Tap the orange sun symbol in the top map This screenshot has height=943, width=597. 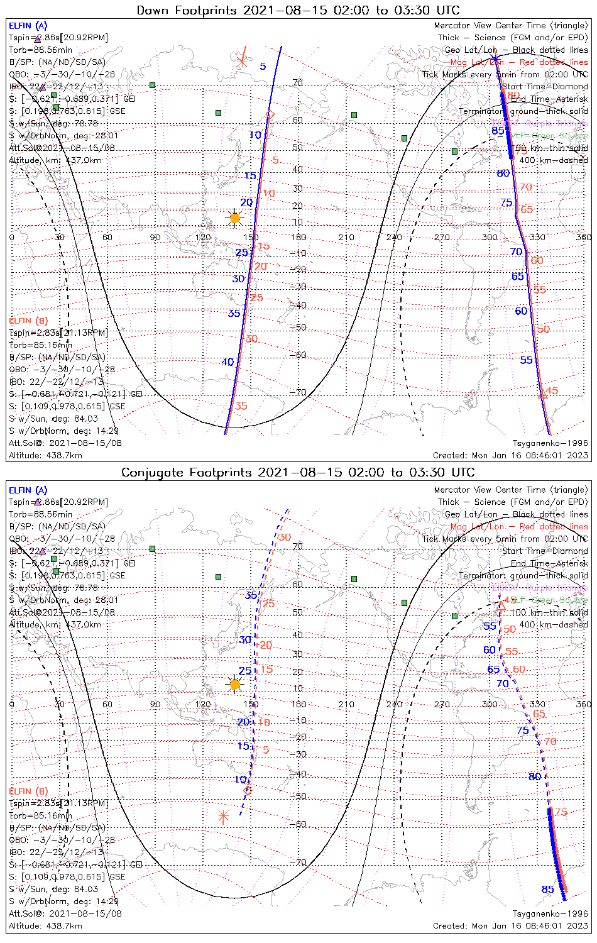[x=235, y=218]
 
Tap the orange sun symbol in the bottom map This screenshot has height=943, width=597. [x=235, y=684]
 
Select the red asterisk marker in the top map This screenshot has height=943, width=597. [x=243, y=61]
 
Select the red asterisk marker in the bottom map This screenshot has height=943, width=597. [x=223, y=817]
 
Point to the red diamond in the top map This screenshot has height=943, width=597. [x=270, y=114]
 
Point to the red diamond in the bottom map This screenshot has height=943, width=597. [x=248, y=790]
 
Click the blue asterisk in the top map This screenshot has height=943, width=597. [x=496, y=60]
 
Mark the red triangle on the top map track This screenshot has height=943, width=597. [x=543, y=394]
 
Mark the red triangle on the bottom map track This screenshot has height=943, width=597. [x=501, y=605]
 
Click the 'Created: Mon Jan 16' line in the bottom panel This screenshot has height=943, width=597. [x=510, y=925]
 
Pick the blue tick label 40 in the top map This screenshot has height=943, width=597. [x=227, y=361]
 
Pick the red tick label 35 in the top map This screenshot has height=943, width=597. [x=241, y=406]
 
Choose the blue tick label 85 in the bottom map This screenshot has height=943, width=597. [x=548, y=889]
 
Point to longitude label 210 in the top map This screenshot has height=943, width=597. [x=346, y=237]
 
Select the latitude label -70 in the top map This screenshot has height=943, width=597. [x=298, y=393]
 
